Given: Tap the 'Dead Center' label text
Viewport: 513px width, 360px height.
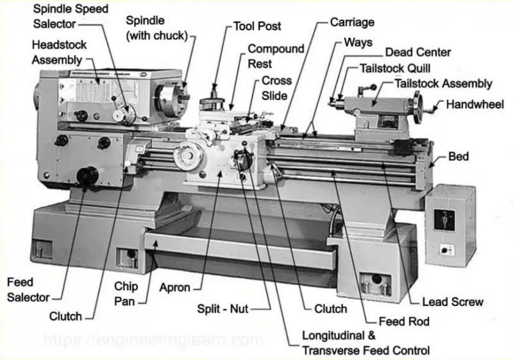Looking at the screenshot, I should [x=417, y=53].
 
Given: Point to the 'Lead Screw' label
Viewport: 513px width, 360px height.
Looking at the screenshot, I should [x=453, y=302].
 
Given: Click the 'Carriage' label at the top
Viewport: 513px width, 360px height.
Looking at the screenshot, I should [x=352, y=22].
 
